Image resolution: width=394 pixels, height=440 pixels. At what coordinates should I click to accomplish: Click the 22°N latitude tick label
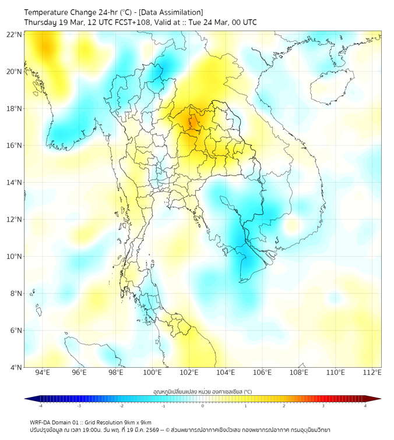point(15,34)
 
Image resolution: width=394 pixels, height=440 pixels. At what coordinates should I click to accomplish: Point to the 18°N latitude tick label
point(15,109)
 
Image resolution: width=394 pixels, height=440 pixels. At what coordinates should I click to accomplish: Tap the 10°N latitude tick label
point(15,257)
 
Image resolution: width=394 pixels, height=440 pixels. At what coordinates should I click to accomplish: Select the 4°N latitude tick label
point(16,367)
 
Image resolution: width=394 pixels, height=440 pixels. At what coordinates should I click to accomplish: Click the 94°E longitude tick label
point(43,373)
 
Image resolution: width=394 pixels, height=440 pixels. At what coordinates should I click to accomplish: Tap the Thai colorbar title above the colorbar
point(202,391)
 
